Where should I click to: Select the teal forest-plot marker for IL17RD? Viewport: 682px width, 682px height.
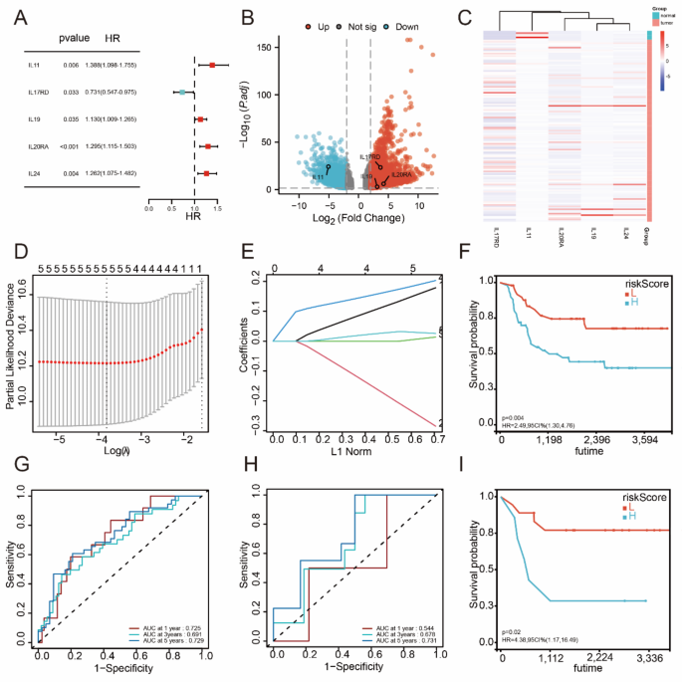click(181, 92)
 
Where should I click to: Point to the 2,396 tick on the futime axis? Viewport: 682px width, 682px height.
click(590, 438)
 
